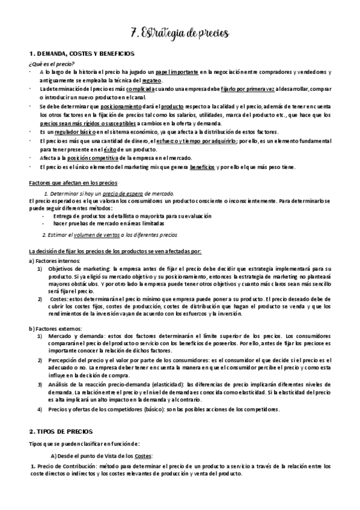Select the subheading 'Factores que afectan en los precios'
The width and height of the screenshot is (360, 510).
click(74, 182)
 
